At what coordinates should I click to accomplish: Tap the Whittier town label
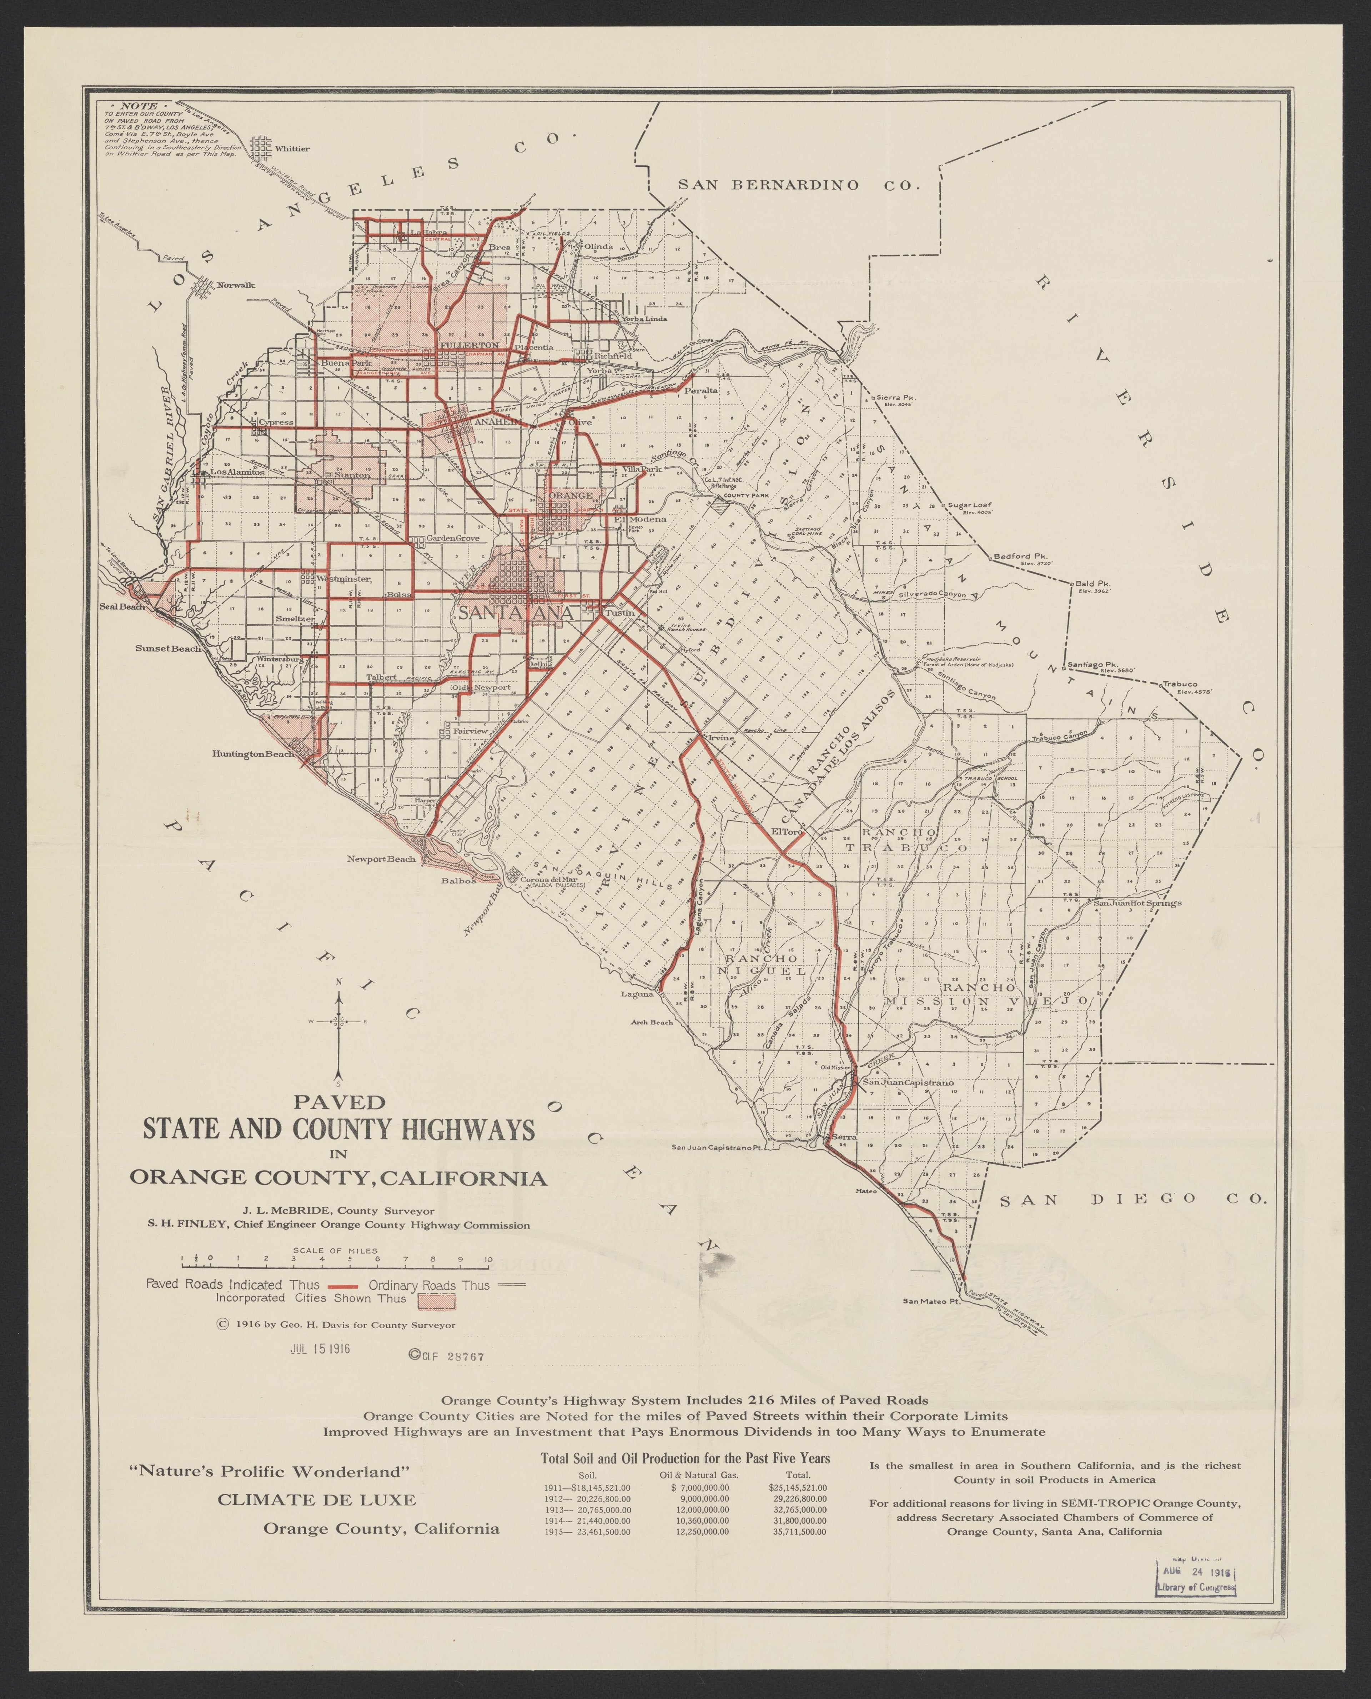pyautogui.click(x=292, y=148)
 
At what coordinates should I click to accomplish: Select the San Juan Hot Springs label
pyautogui.click(x=1137, y=903)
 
